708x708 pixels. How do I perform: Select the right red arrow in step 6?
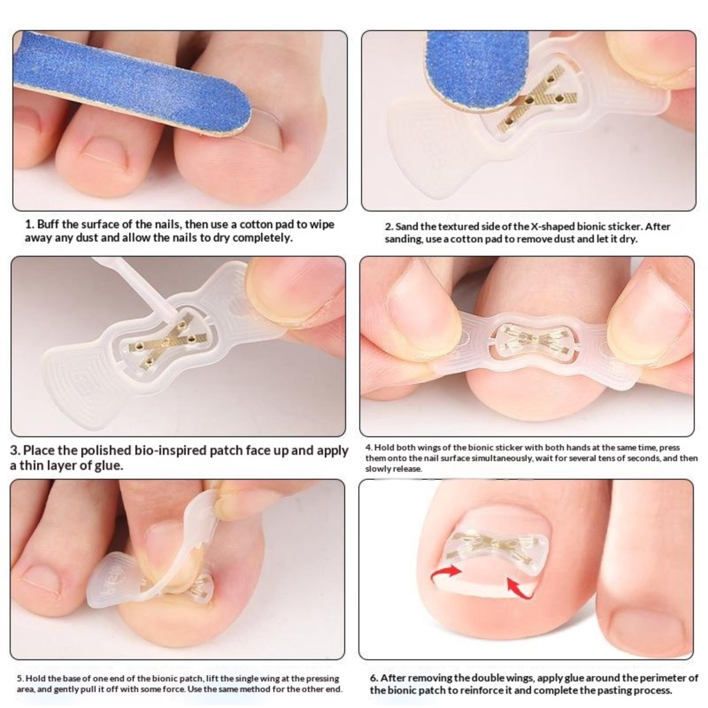pos(519,587)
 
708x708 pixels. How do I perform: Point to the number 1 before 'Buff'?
pos(28,224)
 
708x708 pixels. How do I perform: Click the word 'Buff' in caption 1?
pos(48,224)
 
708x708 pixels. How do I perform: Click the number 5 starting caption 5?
pos(19,678)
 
